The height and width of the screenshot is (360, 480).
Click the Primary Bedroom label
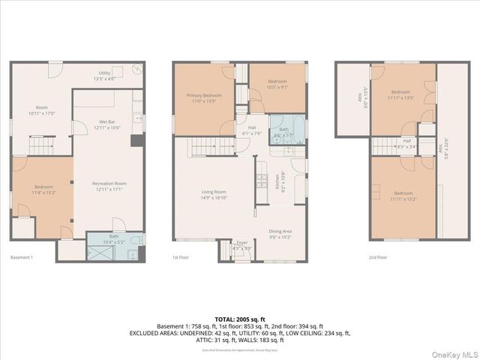pos(203,98)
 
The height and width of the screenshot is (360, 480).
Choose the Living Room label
pos(214,195)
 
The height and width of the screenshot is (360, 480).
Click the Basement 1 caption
pos(22,257)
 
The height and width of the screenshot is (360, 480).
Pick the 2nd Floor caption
pos(378,257)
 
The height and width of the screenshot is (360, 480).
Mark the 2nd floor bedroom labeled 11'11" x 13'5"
pos(400,94)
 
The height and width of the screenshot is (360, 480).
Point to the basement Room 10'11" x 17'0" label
pos(42,110)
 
